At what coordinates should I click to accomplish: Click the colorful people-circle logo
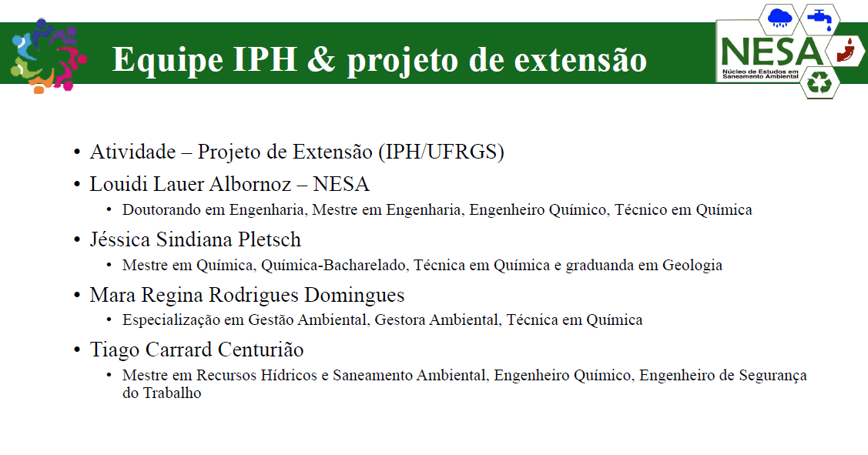[x=49, y=56]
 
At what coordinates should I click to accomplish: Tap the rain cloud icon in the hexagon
[x=779, y=18]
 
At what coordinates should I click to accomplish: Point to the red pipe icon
[x=846, y=50]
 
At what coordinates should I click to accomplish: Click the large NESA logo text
[x=772, y=52]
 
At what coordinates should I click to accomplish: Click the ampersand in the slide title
[x=321, y=59]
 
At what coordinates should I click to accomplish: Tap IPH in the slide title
[x=265, y=59]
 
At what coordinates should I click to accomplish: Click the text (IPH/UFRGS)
[x=441, y=152]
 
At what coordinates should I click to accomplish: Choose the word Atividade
[x=132, y=152]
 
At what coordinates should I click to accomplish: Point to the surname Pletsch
[x=270, y=239]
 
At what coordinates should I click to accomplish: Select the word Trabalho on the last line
[x=173, y=393]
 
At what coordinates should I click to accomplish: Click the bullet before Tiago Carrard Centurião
[x=78, y=350]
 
